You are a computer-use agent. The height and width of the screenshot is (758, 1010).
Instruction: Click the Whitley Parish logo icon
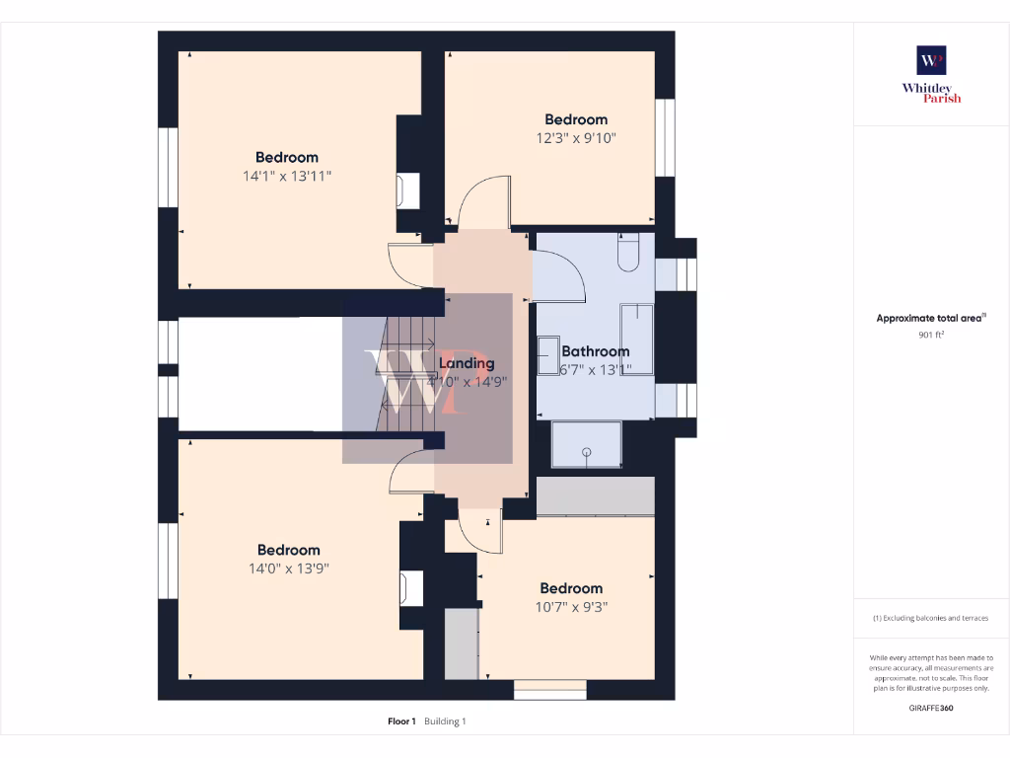(x=931, y=60)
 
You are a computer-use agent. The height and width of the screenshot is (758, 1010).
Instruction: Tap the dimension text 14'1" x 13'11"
(x=287, y=176)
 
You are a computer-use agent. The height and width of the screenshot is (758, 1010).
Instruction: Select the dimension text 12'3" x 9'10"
(x=577, y=138)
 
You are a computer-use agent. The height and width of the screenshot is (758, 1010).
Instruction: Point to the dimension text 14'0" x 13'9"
(x=287, y=568)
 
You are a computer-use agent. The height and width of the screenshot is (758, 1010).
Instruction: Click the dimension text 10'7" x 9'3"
(x=571, y=607)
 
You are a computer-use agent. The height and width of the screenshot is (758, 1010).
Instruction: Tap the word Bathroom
(x=595, y=351)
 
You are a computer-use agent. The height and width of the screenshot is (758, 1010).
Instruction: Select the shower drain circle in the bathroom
(x=587, y=451)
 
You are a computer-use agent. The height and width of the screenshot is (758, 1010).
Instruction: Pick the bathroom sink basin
(x=547, y=354)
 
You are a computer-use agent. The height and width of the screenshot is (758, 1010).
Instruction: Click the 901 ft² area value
(x=931, y=335)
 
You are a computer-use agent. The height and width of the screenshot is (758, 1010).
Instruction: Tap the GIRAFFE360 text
(x=931, y=708)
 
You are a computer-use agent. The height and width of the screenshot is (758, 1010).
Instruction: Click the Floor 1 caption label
(x=401, y=721)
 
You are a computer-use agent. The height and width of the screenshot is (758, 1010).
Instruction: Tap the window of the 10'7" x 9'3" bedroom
(x=550, y=689)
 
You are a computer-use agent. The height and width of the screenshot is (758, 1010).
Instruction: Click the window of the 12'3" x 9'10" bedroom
(x=666, y=137)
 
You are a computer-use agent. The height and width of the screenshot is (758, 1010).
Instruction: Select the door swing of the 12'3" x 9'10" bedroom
(x=483, y=202)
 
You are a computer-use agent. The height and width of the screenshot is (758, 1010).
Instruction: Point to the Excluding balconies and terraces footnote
(x=931, y=618)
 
